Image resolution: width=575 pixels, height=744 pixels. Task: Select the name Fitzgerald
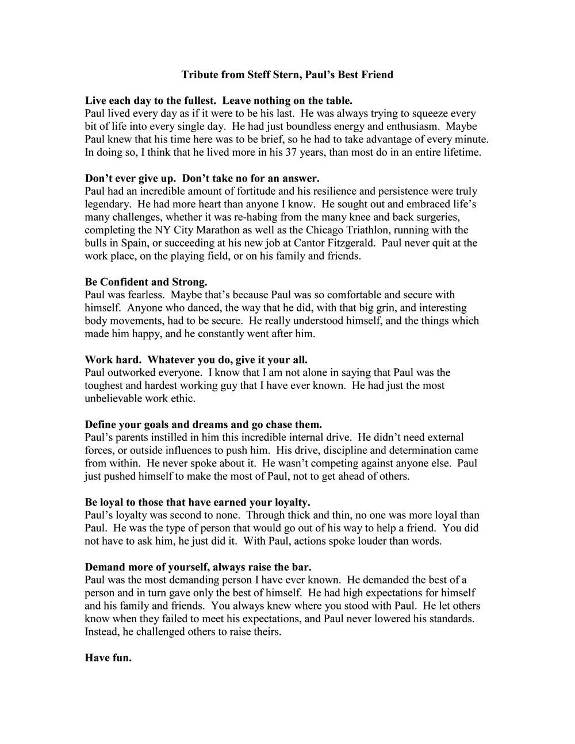(351, 243)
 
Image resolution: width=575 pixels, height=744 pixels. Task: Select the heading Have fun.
(108, 658)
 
